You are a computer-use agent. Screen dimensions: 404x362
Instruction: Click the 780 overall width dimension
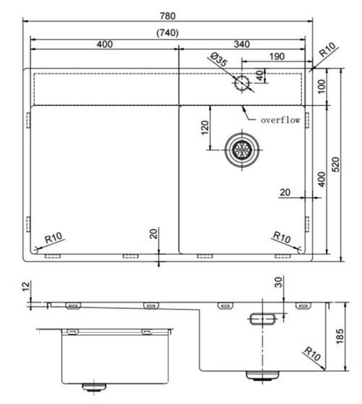(x=168, y=16)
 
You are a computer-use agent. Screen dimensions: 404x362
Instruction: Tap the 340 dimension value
(x=242, y=44)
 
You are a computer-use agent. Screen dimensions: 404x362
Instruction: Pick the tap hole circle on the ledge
(x=243, y=83)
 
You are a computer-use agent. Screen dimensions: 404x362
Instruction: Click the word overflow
(x=280, y=120)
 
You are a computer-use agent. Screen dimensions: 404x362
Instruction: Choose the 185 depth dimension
(x=340, y=336)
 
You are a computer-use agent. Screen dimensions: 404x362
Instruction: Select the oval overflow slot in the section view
(x=262, y=318)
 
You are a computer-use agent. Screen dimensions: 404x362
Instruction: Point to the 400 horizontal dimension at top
(x=104, y=44)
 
